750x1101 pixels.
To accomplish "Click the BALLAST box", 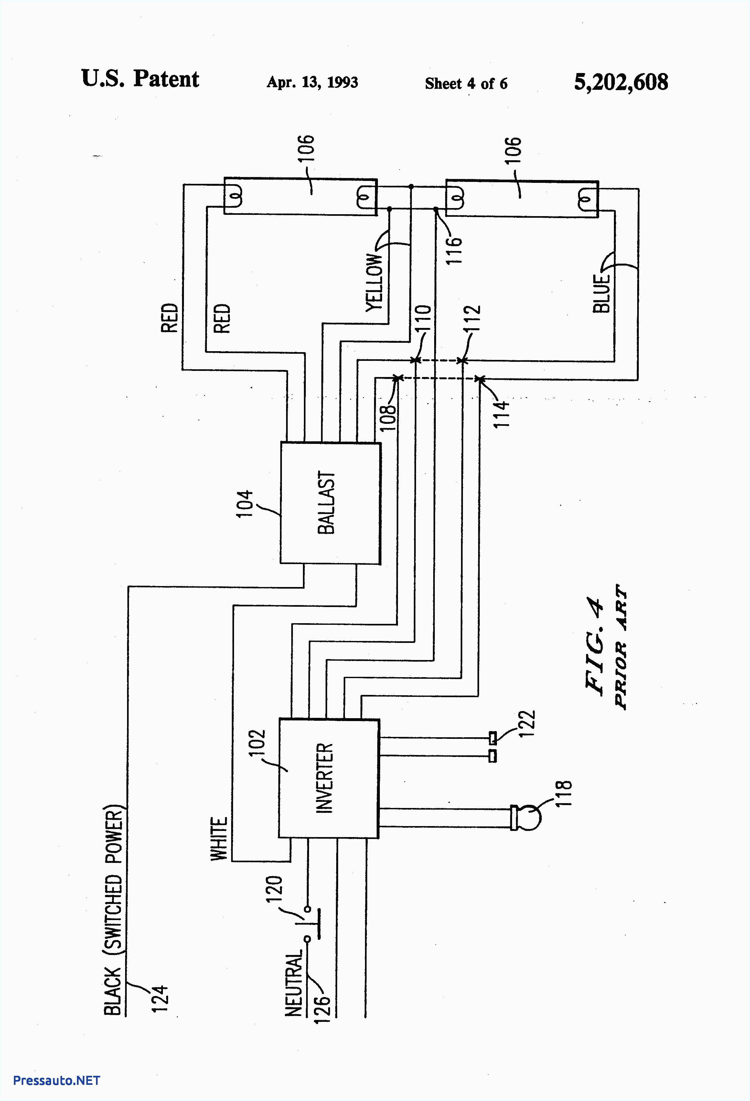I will [330, 503].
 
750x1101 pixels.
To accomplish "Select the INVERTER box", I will [328, 778].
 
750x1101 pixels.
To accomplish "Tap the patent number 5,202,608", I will [621, 82].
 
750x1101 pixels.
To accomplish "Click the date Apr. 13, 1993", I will [312, 82].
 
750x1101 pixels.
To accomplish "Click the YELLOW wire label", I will [374, 282].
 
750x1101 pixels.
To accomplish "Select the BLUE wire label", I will [601, 293].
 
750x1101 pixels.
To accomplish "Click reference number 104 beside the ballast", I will [245, 504].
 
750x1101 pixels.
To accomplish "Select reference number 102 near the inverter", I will [256, 745].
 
